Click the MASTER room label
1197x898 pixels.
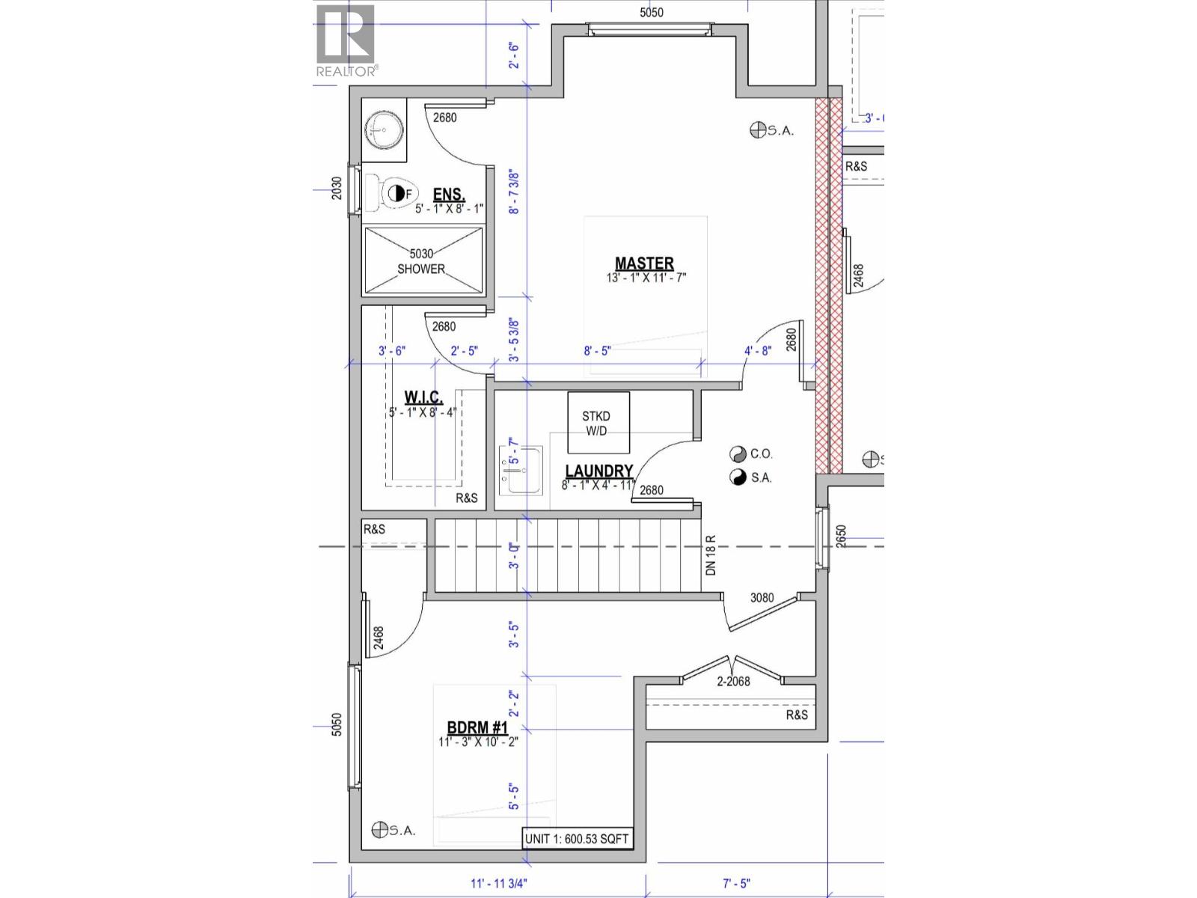pos(644,263)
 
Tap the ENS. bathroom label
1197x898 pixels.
pos(449,195)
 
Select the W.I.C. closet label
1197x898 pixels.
pos(423,397)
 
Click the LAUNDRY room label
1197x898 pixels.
pos(599,471)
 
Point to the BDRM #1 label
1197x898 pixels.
pos(477,727)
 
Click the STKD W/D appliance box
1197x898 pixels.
pos(597,423)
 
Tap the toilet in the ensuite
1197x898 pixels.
pos(394,193)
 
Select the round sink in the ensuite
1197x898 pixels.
pos(384,130)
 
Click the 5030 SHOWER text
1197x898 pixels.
pos(421,261)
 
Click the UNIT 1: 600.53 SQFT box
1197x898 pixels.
pos(577,839)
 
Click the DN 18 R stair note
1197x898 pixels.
pos(711,555)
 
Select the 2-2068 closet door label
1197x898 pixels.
pos(733,681)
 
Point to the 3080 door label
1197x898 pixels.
pos(762,598)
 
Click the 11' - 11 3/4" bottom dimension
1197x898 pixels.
pos(499,883)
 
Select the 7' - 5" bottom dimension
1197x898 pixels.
pos(736,883)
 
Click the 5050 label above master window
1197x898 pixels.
pos(651,12)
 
